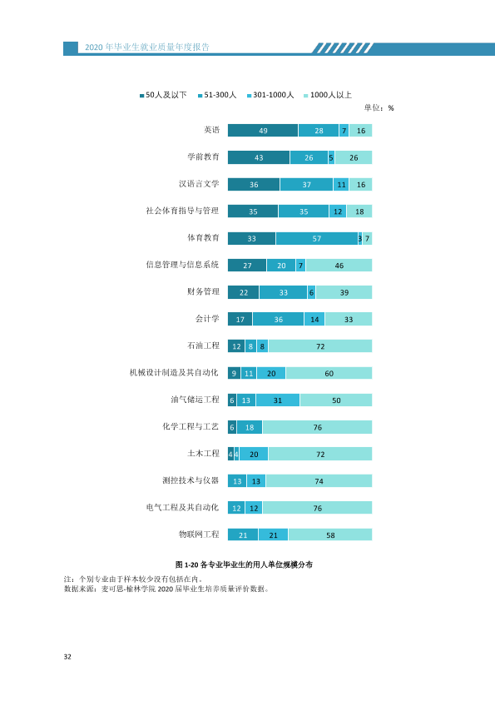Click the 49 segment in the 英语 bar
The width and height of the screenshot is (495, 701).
tap(263, 130)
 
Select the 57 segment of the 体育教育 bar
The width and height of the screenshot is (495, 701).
tap(317, 238)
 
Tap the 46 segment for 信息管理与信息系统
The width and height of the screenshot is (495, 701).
tap(339, 265)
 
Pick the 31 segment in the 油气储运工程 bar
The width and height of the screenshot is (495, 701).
tap(277, 400)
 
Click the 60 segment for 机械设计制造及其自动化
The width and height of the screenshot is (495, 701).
tap(329, 373)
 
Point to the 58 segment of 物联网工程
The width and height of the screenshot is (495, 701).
tap(330, 534)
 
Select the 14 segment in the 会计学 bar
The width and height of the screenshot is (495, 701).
tap(314, 319)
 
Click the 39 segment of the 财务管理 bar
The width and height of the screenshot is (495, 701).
tap(344, 292)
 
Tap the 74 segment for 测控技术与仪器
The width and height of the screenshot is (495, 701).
tap(319, 481)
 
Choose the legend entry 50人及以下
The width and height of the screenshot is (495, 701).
tap(163, 95)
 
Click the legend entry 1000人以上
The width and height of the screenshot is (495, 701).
tap(328, 95)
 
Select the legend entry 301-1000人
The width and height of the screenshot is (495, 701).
tap(270, 95)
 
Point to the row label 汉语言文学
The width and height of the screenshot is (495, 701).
tap(199, 184)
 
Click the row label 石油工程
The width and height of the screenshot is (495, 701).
tap(203, 346)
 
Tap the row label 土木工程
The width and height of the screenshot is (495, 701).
tap(203, 454)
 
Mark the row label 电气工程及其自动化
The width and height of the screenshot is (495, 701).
tap(182, 507)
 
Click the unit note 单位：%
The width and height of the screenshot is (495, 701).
tap(379, 107)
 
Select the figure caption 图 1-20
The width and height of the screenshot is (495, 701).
tap(186, 564)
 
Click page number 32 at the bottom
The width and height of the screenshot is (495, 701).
tap(67, 657)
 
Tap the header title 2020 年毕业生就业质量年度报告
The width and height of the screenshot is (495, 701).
tap(147, 47)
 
